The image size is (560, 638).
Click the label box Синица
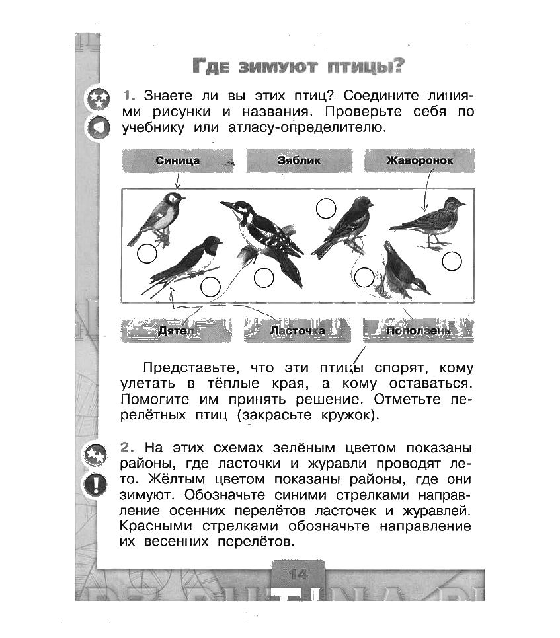tap(177, 160)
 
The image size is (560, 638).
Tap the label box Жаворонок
tap(419, 160)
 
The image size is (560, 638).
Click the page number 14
tap(298, 573)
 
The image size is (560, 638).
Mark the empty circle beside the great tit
tap(147, 252)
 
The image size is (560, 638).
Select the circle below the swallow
tap(210, 287)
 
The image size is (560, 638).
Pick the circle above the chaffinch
tap(326, 209)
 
